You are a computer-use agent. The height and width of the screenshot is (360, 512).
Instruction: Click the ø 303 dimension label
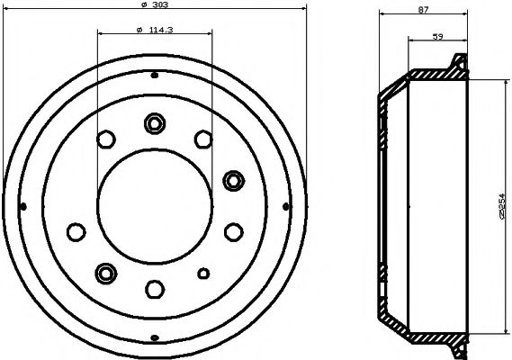(x=154, y=8)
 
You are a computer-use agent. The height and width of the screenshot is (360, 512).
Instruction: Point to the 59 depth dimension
(x=438, y=36)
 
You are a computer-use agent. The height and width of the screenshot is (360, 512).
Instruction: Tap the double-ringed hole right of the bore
(x=233, y=180)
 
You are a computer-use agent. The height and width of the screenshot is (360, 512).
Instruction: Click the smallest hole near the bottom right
(x=203, y=274)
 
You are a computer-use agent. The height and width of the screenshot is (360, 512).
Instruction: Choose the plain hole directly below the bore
(x=154, y=288)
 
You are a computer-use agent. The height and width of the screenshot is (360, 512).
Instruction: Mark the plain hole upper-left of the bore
(x=106, y=139)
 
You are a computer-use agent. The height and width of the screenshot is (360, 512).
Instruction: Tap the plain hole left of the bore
(x=75, y=230)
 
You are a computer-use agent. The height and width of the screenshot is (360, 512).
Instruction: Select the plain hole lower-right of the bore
(x=233, y=231)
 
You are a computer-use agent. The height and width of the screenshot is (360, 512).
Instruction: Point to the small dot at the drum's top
(x=154, y=74)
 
